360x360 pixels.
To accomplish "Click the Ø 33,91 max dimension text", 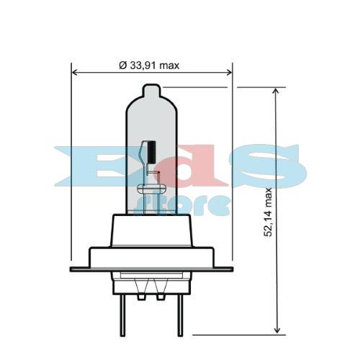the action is pyautogui.click(x=149, y=66).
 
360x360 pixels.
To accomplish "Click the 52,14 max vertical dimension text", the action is pyautogui.click(x=268, y=212).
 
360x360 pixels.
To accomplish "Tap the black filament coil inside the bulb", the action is pyautogui.click(x=152, y=151).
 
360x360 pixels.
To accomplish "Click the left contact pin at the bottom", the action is pyautogui.click(x=122, y=315).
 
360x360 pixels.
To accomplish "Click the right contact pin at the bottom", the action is pyautogui.click(x=180, y=315).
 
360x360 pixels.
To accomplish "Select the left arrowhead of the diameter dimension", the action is pyautogui.click(x=75, y=72).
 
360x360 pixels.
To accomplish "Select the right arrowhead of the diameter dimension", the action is pyautogui.click(x=229, y=72).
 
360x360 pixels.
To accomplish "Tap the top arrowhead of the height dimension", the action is pyautogui.click(x=276, y=91).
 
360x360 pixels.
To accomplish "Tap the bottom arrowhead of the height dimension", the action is pyautogui.click(x=276, y=330).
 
